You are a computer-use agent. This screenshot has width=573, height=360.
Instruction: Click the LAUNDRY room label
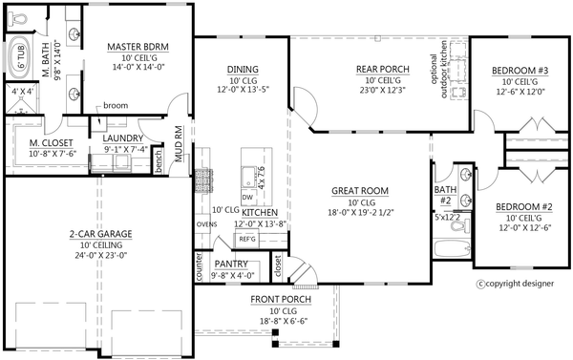[x=124, y=138]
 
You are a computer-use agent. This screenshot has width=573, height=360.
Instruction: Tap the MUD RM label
[x=179, y=140]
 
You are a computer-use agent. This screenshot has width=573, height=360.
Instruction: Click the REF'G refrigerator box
[x=247, y=238]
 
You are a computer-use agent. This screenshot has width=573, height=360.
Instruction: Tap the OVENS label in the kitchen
[x=205, y=225]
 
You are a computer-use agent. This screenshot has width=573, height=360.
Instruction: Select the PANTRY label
[x=231, y=264]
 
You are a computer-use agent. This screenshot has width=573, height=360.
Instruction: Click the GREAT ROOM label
[x=357, y=190]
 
